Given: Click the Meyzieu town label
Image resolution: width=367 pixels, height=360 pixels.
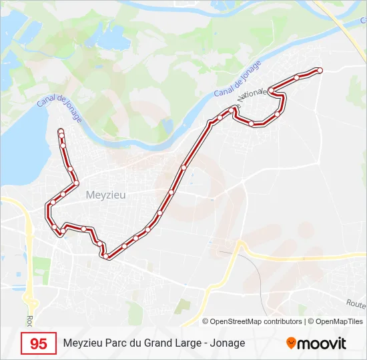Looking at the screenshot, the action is [x=106, y=195].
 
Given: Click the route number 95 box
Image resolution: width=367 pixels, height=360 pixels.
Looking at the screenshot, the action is [x=39, y=343].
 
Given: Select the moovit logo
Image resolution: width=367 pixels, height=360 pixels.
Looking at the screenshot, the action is [x=316, y=343].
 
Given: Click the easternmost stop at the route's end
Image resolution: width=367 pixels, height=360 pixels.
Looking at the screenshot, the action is [x=320, y=70].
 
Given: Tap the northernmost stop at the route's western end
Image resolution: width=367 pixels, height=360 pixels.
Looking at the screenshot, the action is [x=61, y=131].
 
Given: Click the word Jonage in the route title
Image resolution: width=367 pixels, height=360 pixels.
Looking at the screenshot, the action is [x=230, y=343].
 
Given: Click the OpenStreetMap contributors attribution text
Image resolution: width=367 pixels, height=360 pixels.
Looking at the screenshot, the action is [x=256, y=321].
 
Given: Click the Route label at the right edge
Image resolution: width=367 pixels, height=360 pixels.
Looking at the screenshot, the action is [x=356, y=303].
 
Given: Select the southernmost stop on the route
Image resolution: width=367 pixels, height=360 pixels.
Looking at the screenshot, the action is [x=105, y=256].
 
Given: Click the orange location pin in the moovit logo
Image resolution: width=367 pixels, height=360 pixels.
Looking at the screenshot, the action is [x=291, y=343].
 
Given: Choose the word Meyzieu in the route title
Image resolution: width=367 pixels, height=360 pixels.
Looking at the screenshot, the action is [x=83, y=343].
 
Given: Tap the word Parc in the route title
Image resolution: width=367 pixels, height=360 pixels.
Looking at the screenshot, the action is [x=117, y=343].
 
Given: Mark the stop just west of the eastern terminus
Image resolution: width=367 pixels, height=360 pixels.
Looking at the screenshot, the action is [x=297, y=78].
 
